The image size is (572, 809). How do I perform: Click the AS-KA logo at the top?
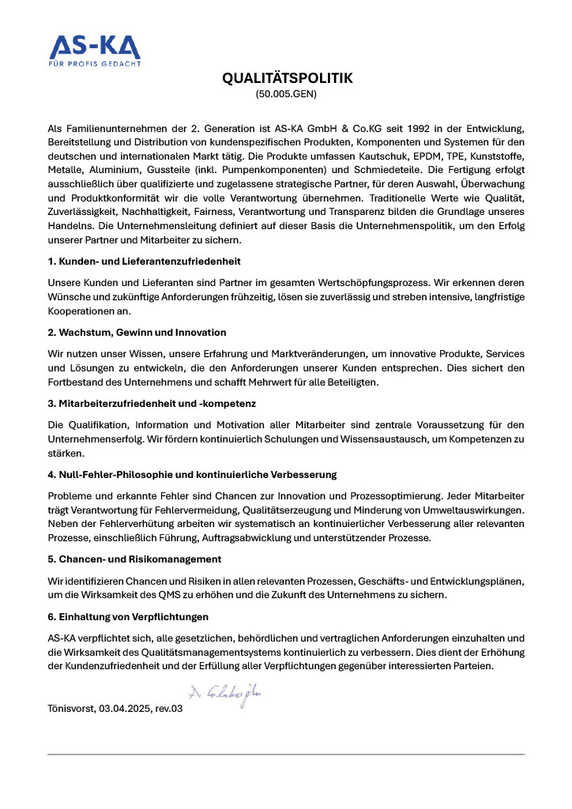(x=95, y=47)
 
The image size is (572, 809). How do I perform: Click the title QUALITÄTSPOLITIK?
(x=286, y=78)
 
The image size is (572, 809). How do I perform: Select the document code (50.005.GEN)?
(x=286, y=94)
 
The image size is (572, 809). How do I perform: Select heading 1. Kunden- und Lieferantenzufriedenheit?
(x=144, y=261)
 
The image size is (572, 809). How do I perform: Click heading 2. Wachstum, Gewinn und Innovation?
(x=137, y=332)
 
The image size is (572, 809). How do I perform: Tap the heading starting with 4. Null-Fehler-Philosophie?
(x=192, y=474)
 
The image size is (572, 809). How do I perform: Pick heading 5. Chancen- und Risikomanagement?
(x=134, y=559)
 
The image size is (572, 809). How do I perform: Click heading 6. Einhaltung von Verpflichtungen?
(x=128, y=615)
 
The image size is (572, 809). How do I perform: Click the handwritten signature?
(x=224, y=694)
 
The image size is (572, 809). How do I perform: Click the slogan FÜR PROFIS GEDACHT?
(x=95, y=63)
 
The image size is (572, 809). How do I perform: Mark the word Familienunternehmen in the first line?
(x=115, y=127)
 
